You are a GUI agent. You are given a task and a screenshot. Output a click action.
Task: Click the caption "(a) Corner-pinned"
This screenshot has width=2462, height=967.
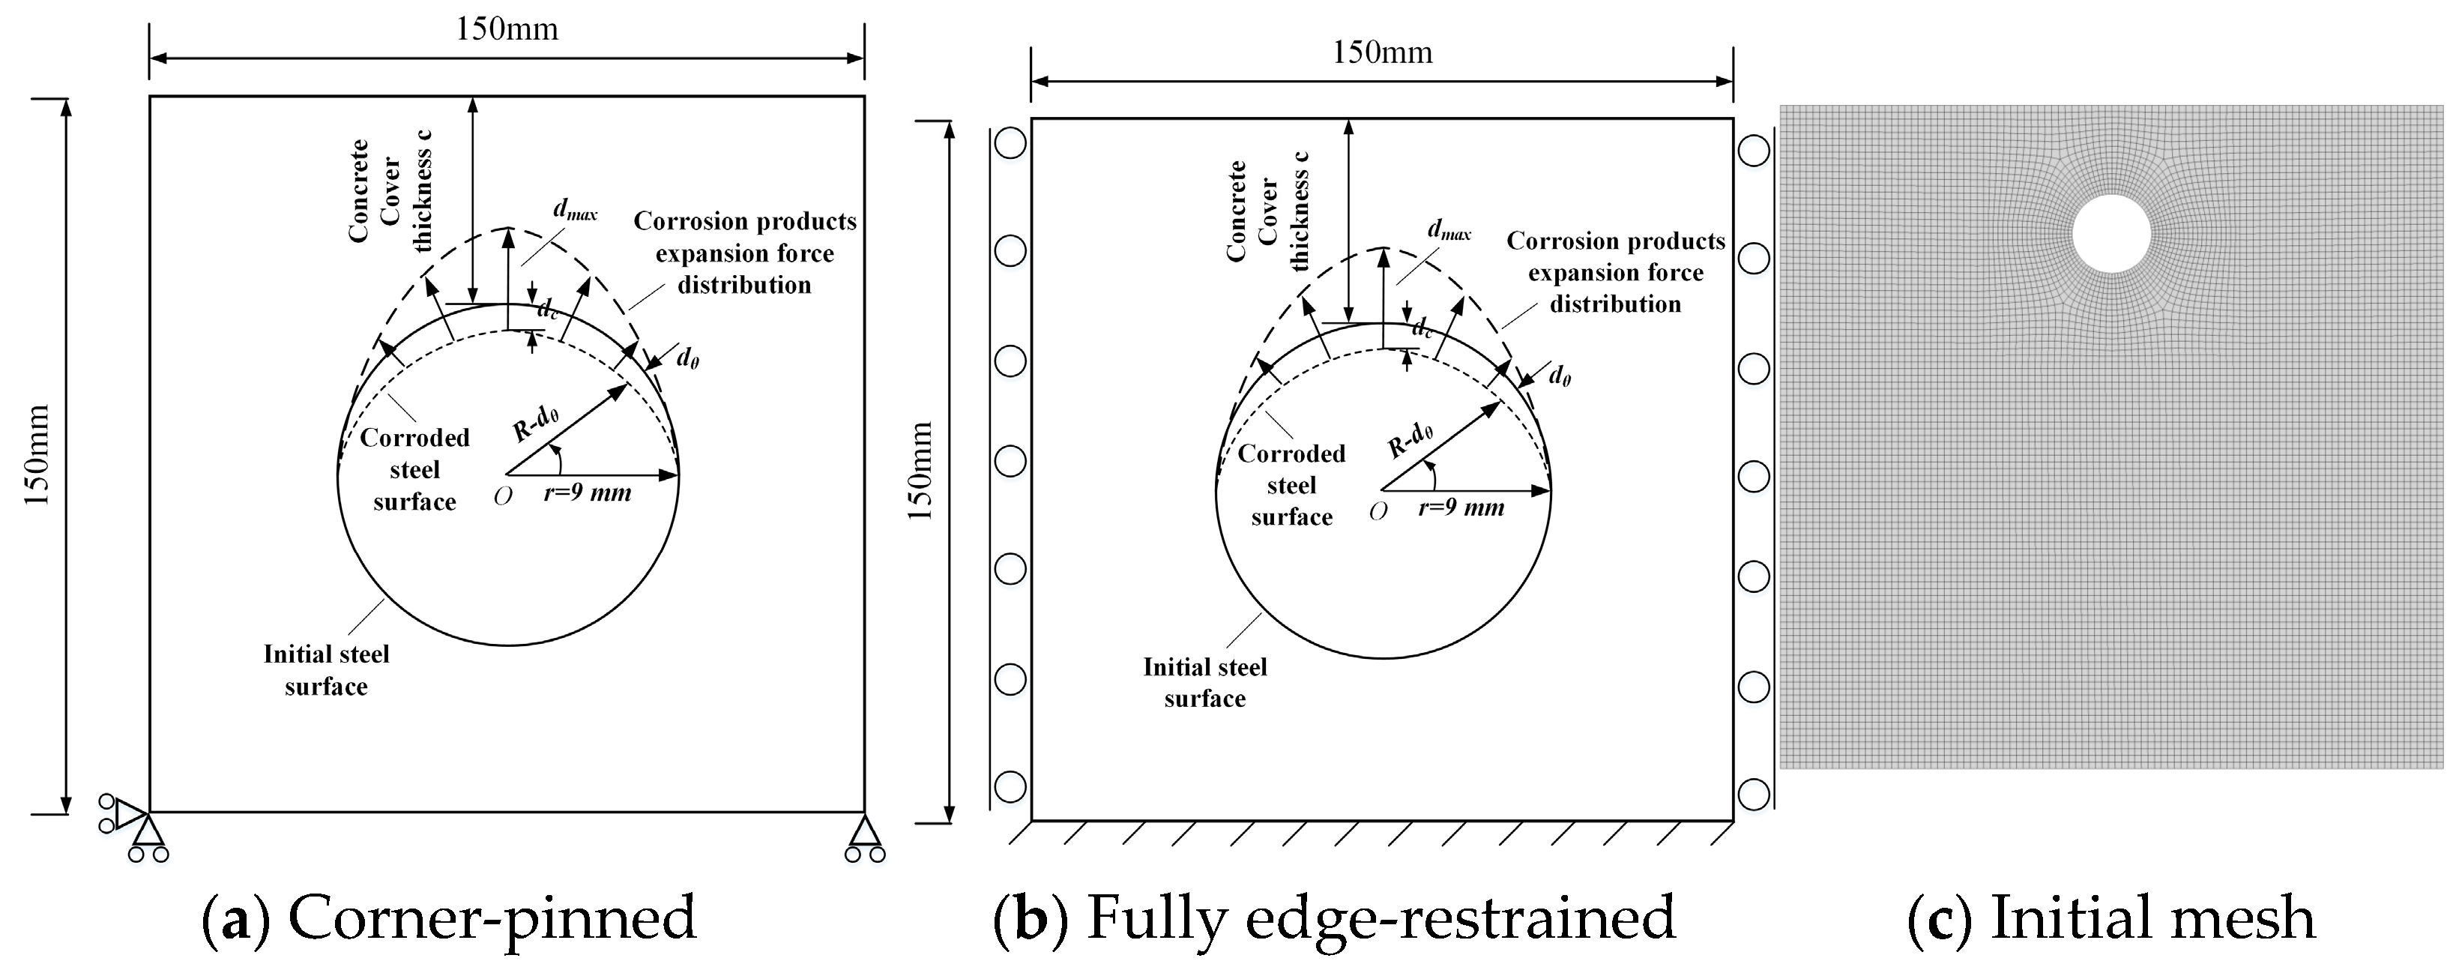[x=449, y=918]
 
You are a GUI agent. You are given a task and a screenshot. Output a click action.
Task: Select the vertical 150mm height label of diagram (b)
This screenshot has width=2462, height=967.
[x=920, y=471]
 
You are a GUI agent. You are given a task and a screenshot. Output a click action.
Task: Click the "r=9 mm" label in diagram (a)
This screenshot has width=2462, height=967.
[x=587, y=493]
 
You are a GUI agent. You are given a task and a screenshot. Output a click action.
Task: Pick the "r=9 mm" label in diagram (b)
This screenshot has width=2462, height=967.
[x=1461, y=507]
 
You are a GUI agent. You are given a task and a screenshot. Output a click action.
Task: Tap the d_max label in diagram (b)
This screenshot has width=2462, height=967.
[x=1449, y=230]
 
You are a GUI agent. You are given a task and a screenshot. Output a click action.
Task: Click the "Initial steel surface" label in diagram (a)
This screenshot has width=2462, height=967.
[x=326, y=670]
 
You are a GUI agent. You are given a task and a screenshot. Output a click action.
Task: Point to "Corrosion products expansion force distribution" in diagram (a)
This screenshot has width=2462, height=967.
[x=744, y=253]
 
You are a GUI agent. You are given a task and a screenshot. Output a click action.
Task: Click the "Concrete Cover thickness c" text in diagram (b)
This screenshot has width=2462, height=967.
[x=1267, y=212]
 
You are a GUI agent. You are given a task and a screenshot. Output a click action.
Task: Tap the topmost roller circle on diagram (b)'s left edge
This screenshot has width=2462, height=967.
[x=1010, y=143]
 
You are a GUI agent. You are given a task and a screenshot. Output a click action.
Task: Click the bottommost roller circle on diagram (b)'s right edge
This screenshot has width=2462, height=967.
[x=1754, y=794]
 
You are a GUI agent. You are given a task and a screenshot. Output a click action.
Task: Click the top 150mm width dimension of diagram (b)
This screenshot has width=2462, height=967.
[x=1382, y=52]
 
